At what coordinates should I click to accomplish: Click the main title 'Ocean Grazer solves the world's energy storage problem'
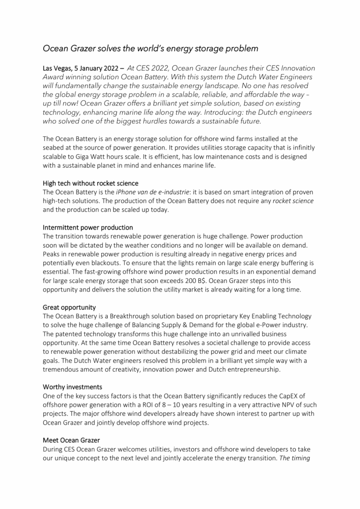click(150, 48)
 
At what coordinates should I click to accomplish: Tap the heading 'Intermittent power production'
click(88, 227)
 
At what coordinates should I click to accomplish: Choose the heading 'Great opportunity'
click(69, 308)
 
